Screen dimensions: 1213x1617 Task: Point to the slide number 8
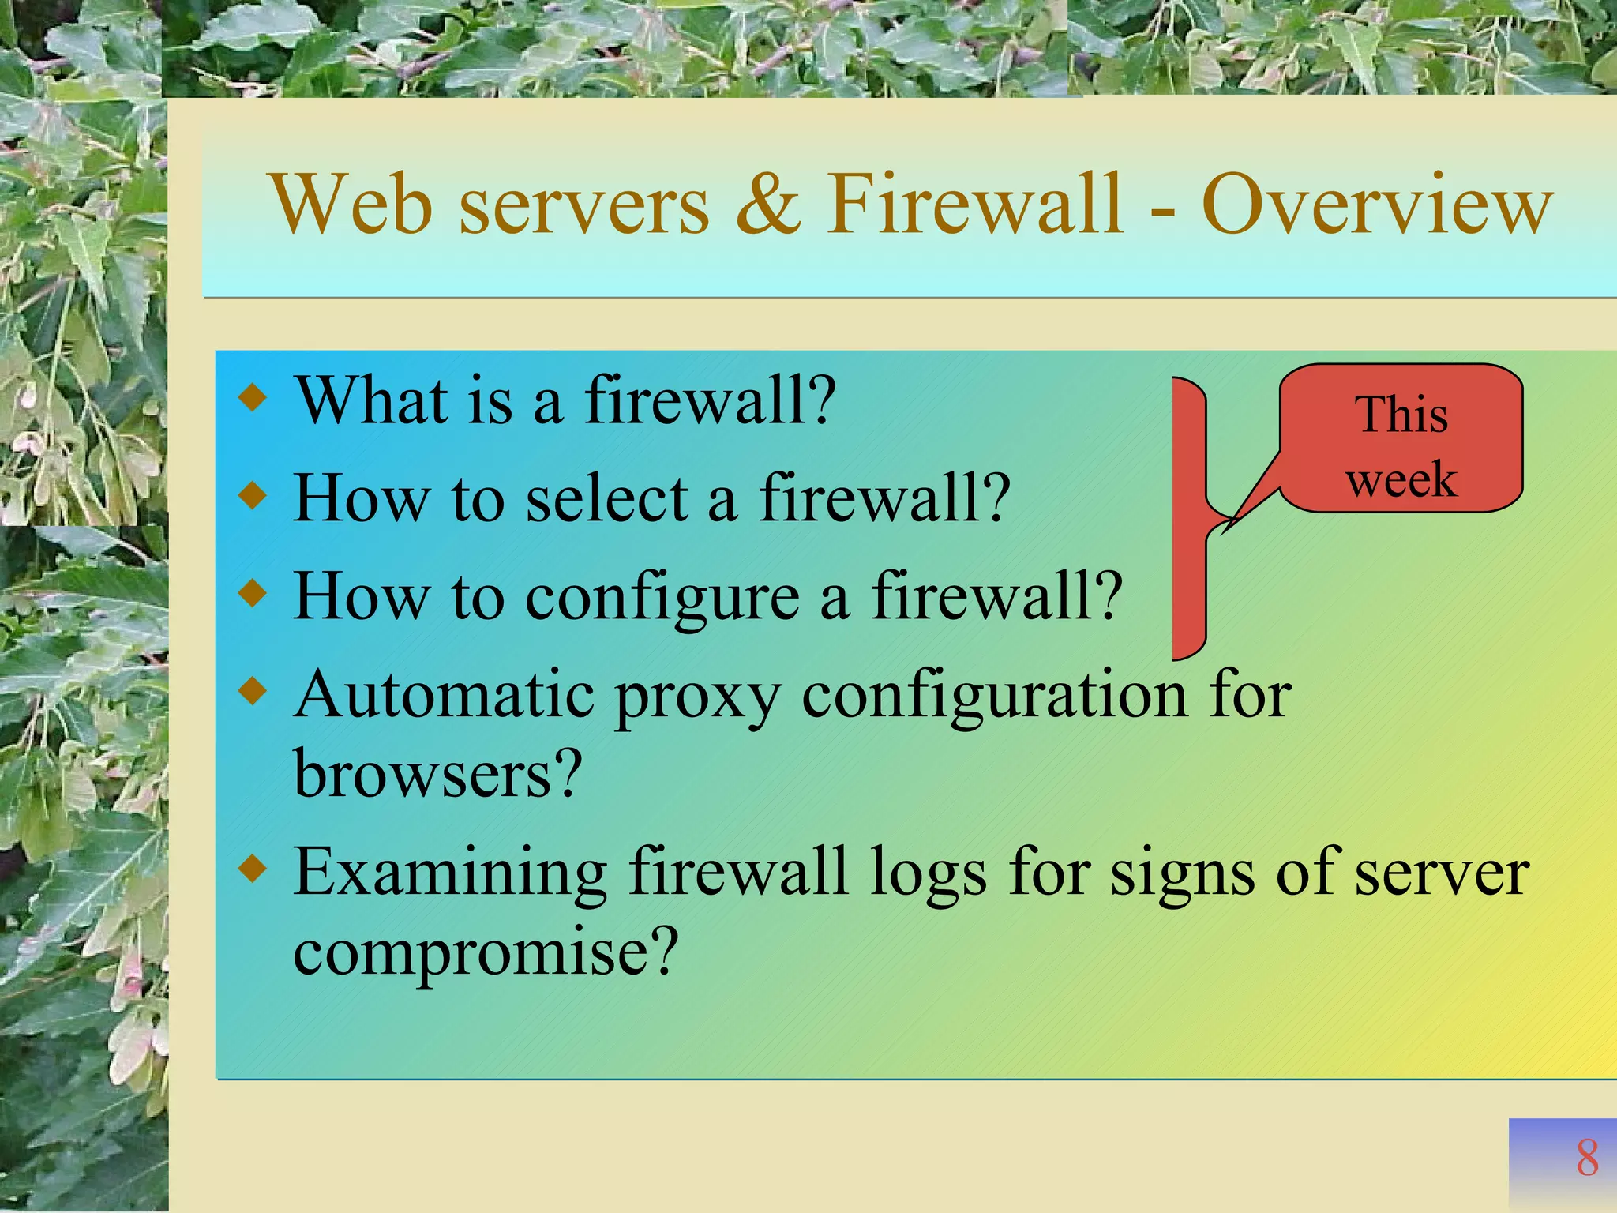[x=1587, y=1159]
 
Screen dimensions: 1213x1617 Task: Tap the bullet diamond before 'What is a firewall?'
[x=253, y=397]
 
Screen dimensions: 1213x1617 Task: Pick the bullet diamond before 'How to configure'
[x=253, y=594]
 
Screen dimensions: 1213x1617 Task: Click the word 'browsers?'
[x=438, y=774]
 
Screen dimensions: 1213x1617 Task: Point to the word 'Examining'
[x=450, y=873]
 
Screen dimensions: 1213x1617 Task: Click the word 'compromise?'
[x=486, y=952]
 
